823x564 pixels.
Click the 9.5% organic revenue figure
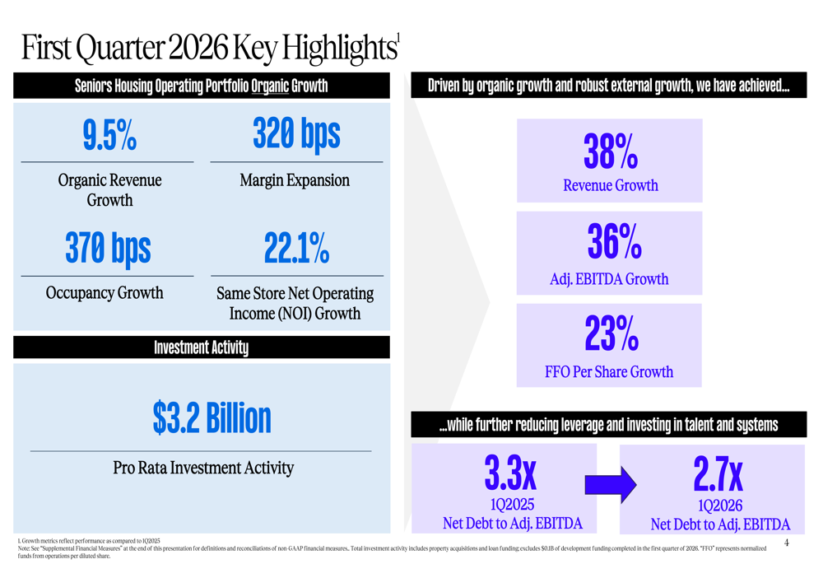tap(109, 137)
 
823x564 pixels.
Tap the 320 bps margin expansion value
tap(296, 134)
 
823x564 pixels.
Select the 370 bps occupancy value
tap(108, 248)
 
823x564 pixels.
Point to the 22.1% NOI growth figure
tap(296, 248)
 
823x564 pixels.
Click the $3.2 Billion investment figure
tap(212, 418)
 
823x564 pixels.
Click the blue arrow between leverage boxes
tap(610, 485)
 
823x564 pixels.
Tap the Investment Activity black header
tap(202, 347)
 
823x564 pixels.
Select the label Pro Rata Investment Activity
tap(203, 468)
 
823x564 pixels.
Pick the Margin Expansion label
tap(295, 180)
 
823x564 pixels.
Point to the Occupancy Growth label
tap(105, 293)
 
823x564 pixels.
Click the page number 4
tap(786, 543)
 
